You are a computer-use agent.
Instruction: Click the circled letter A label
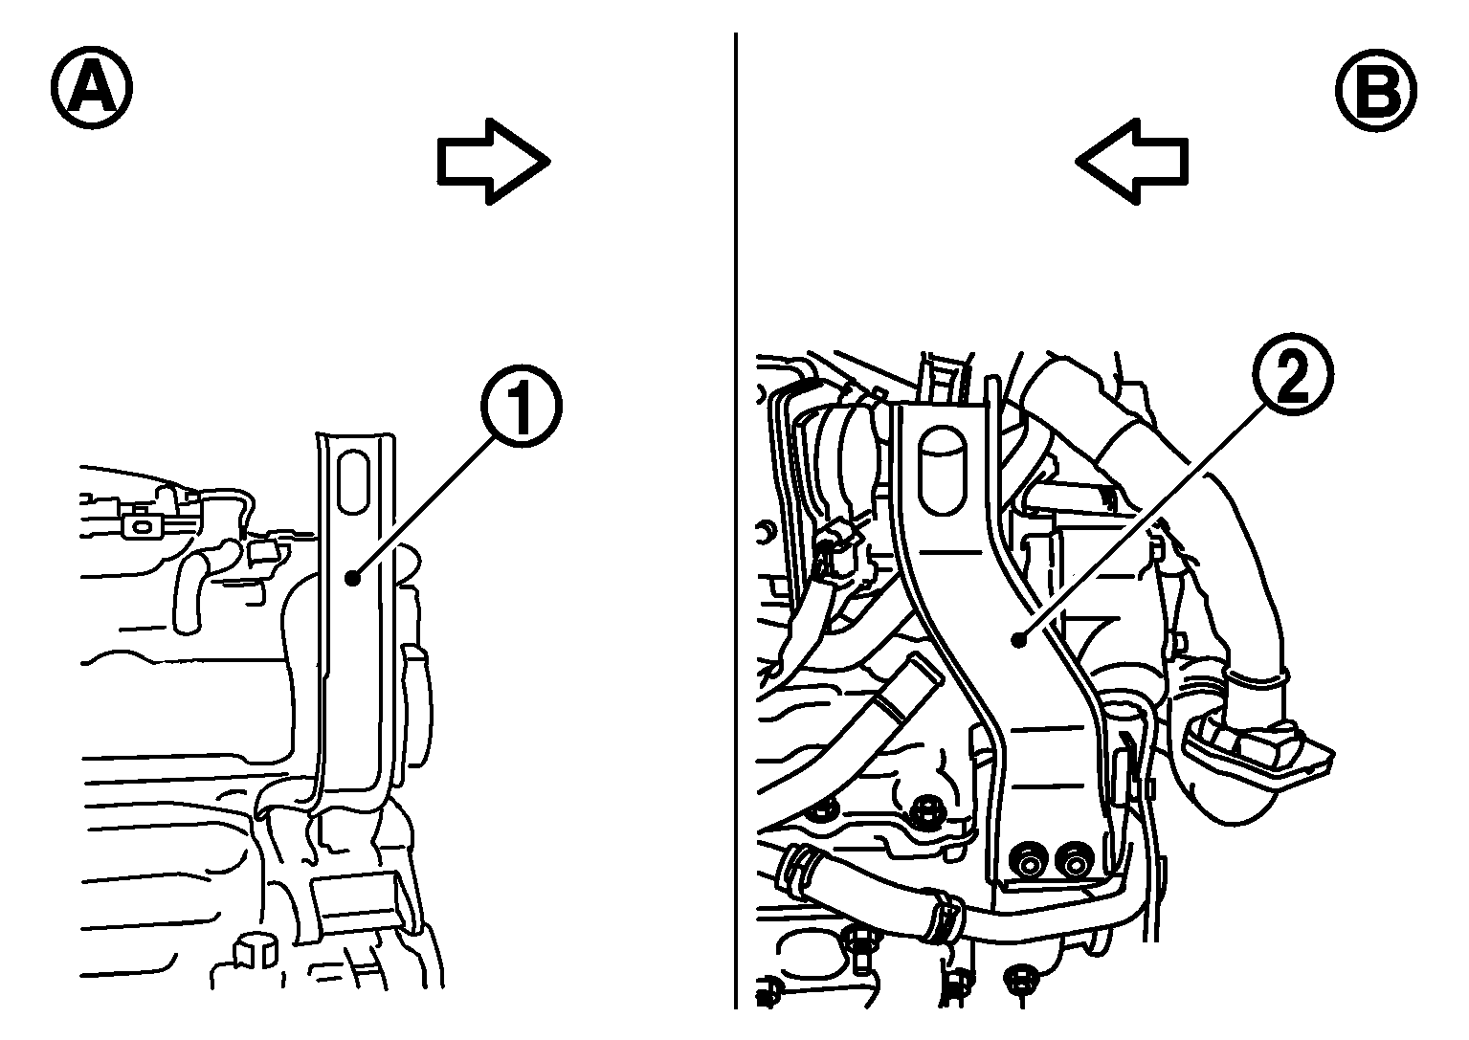click(92, 87)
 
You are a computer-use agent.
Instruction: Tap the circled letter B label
click(1376, 90)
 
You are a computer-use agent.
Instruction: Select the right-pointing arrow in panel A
click(494, 162)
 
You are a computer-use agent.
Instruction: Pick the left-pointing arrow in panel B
click(1131, 162)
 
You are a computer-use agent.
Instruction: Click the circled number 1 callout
click(522, 407)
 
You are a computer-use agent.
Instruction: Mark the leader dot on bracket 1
click(353, 578)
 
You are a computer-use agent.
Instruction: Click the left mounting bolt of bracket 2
click(1028, 864)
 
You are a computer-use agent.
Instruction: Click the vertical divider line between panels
click(736, 520)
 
